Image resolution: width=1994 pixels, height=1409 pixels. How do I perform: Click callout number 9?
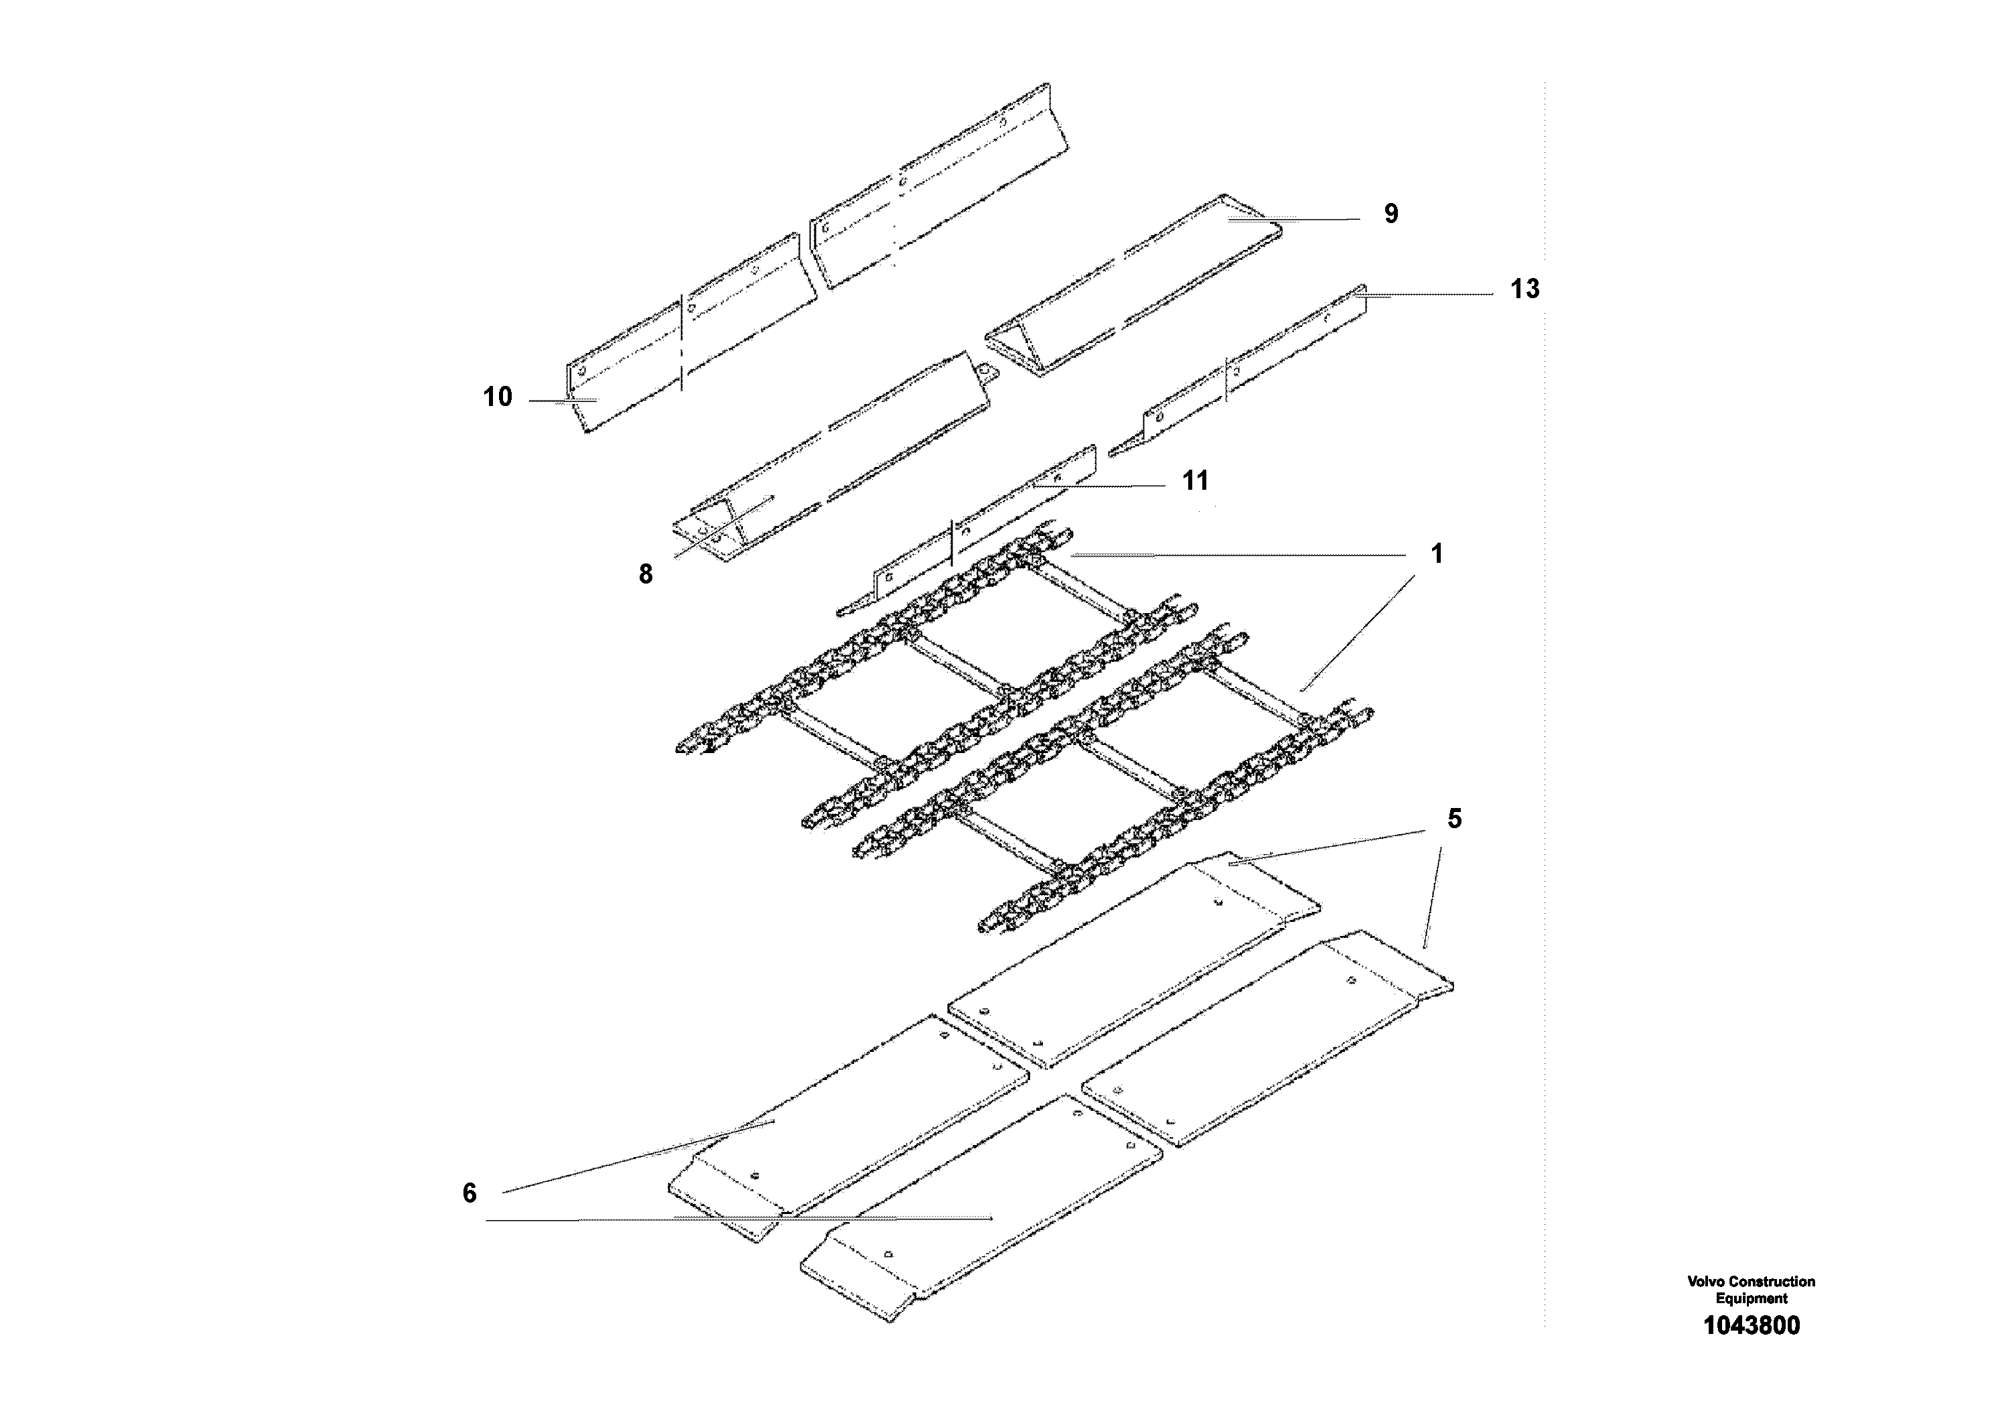click(x=1391, y=214)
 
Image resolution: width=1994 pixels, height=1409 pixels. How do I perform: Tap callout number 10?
click(x=498, y=397)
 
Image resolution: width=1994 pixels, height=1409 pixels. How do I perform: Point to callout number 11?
click(x=1195, y=480)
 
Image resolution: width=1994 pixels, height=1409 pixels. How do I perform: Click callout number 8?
click(x=645, y=574)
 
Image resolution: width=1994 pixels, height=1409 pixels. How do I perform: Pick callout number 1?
click(x=1437, y=553)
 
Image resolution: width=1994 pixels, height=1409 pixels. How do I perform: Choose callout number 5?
click(x=1454, y=818)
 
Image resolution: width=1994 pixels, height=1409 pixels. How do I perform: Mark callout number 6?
click(x=469, y=1193)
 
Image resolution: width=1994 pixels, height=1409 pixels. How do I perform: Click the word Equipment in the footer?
click(x=1751, y=1298)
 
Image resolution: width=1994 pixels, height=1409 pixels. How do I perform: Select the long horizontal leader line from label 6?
click(x=738, y=1219)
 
